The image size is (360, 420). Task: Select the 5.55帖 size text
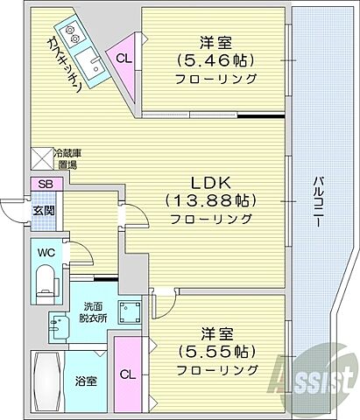215,353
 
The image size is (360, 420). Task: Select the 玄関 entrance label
44,211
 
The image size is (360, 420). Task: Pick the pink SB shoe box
44,185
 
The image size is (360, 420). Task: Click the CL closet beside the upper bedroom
125,59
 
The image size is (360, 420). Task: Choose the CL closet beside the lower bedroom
128,374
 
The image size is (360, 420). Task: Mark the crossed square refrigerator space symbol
42,157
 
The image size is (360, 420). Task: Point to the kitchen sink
90,63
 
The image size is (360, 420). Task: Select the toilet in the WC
46,279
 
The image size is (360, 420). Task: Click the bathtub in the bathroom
46,381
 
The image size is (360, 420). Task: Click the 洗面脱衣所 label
92,312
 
